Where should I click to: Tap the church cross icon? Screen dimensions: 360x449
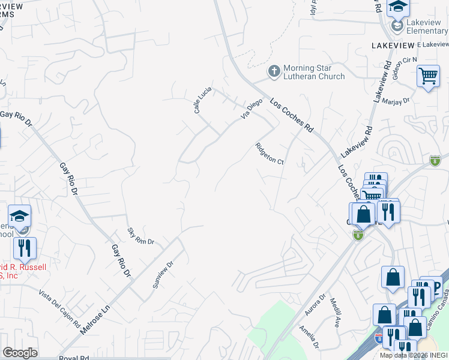tap(274, 72)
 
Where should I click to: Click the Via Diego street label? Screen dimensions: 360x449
tap(252, 109)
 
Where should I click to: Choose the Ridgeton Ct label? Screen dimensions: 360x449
tap(269, 154)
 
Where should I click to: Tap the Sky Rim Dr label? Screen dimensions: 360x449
tap(141, 236)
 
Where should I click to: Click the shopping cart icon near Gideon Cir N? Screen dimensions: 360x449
tap(428, 76)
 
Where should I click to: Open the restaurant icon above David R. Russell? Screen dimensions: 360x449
tap(25, 247)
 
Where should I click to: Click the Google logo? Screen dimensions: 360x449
tap(20, 353)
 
